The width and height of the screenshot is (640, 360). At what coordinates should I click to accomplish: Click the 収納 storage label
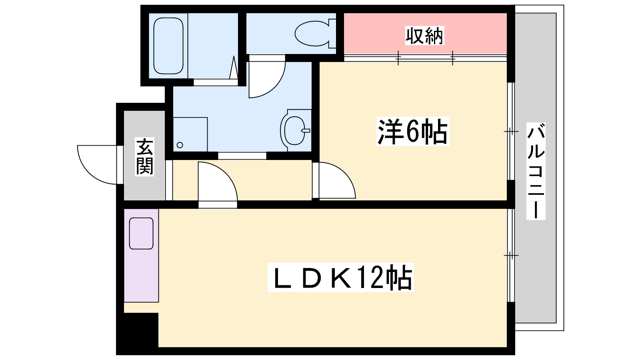[x=424, y=36]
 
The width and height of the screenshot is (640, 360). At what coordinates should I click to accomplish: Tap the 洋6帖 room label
[x=412, y=132]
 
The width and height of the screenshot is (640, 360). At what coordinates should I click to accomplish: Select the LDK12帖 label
[x=340, y=278]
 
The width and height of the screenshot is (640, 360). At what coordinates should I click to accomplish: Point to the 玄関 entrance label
[x=144, y=156]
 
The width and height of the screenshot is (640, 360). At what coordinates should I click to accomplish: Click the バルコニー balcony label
[x=536, y=171]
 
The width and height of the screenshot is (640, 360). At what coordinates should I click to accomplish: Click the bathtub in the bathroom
[x=168, y=46]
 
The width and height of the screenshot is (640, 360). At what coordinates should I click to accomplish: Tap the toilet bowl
[x=315, y=33]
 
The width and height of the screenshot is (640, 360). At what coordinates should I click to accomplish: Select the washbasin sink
[x=296, y=130]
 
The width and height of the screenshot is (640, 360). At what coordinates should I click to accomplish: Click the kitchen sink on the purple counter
[x=141, y=233]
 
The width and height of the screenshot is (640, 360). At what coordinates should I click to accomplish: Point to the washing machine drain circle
[x=180, y=145]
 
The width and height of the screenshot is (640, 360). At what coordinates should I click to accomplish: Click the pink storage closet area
[x=425, y=34]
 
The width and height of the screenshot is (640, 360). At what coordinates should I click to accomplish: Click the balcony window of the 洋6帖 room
[x=511, y=131]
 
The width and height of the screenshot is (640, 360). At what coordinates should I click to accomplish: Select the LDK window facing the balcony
[x=511, y=255]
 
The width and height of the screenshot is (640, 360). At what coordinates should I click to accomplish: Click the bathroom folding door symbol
[x=234, y=68]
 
